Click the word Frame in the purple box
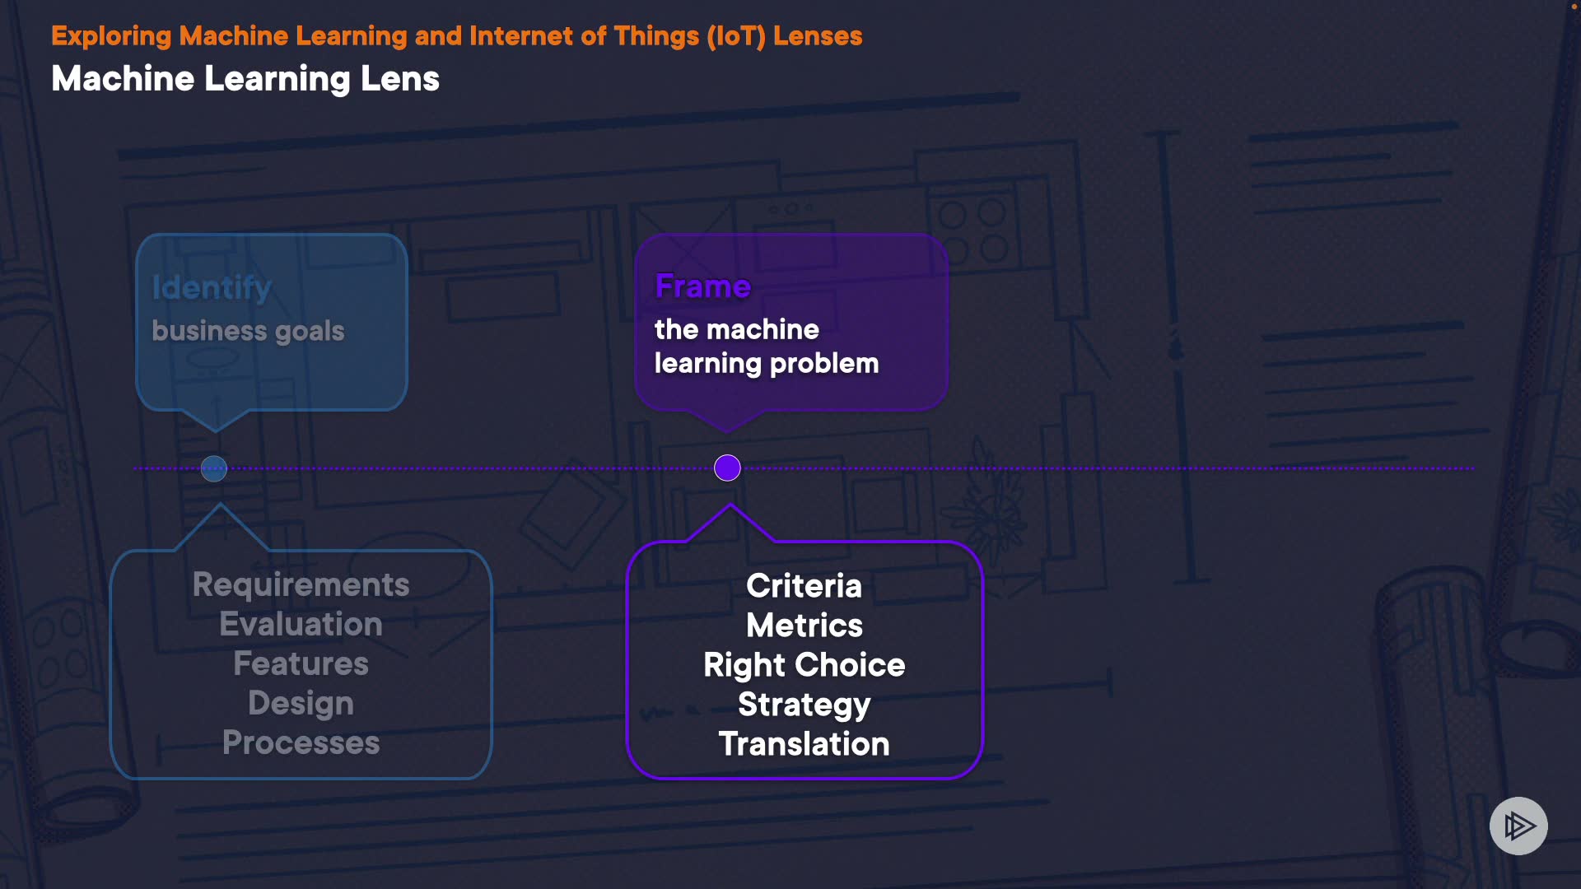702,286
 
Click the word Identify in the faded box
212,288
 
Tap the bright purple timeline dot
727,468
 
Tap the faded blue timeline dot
214,469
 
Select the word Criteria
804,586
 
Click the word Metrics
804,626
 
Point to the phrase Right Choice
804,665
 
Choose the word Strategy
804,705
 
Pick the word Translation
804,744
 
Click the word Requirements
301,585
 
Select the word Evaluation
301,625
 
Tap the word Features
301,664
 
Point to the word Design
301,704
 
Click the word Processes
301,743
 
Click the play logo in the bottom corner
1518,826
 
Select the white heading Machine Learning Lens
245,79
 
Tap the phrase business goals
248,331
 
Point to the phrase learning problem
766,364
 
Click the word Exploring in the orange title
111,36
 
